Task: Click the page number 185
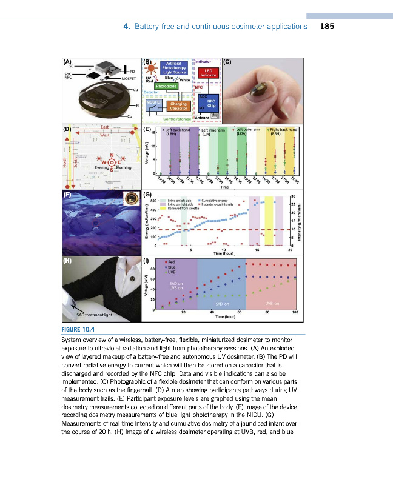pos(327,27)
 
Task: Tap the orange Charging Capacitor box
pos(178,107)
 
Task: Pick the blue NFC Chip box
pos(211,104)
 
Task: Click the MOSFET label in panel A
pos(129,78)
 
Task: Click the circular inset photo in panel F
pos(129,198)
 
